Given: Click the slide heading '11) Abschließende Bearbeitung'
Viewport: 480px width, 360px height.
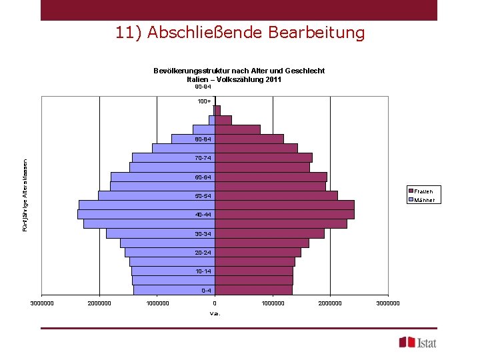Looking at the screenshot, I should [x=240, y=33].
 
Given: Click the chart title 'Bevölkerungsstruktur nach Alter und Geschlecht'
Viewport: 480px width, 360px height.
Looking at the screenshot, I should [x=239, y=71].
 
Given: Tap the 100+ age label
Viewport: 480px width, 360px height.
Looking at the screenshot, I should [x=204, y=101].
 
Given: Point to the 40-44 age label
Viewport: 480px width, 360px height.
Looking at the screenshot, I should [x=203, y=215].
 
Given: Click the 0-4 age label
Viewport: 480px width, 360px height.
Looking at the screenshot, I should [x=206, y=291].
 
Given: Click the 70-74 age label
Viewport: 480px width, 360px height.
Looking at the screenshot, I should [x=203, y=158].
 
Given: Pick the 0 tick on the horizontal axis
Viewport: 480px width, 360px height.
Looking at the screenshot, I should [x=215, y=303].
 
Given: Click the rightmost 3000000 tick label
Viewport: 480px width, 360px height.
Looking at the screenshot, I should [x=388, y=303].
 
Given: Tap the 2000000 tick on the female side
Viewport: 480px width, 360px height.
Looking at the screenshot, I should [x=330, y=303].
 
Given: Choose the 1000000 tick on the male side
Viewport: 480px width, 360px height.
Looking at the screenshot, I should [x=157, y=303].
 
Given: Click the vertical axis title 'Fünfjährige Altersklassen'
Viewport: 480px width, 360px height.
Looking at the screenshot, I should [x=25, y=195].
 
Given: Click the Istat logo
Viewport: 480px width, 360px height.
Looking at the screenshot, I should [x=418, y=343].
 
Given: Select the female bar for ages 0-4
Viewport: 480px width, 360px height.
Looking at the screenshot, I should [x=253, y=290].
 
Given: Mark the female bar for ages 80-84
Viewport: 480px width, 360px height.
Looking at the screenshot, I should [x=249, y=139].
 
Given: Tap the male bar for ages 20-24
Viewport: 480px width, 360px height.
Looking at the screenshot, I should [x=170, y=253].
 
